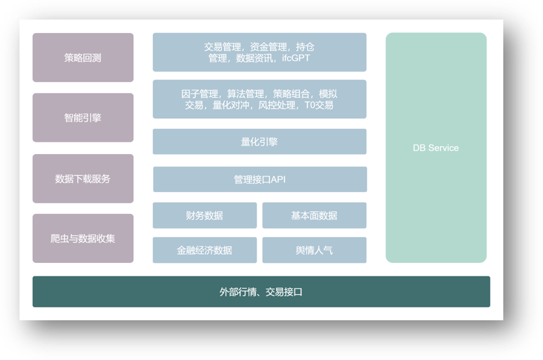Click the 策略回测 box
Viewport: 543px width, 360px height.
click(x=83, y=57)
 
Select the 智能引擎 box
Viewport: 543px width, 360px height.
click(x=83, y=117)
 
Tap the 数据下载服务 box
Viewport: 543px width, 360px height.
click(x=83, y=178)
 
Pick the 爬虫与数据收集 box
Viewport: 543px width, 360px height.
click(x=83, y=238)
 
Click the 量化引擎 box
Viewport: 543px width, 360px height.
click(x=260, y=142)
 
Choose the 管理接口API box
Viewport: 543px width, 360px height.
click(x=260, y=180)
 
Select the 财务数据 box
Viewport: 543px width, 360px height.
click(x=205, y=216)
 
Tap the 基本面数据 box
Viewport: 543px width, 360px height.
click(x=315, y=216)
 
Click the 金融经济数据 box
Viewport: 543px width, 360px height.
click(x=205, y=250)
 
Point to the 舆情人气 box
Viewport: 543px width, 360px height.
click(x=315, y=250)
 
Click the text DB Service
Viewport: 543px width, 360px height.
click(x=435, y=148)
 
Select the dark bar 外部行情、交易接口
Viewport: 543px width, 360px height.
click(x=261, y=292)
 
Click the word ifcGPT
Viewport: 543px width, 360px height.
click(x=296, y=58)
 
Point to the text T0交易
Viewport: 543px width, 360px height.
click(x=319, y=105)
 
